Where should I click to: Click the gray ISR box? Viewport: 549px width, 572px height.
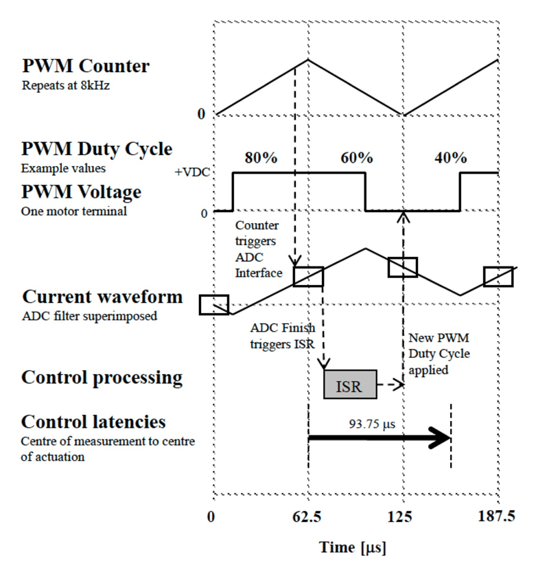pos(350,385)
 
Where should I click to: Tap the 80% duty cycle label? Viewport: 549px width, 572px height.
pos(261,158)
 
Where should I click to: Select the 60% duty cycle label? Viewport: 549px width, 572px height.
pos(357,158)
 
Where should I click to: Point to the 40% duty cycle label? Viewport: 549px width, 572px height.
pos(451,158)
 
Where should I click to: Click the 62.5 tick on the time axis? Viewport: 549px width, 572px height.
pos(307,516)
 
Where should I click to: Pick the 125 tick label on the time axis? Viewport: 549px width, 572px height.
pos(399,516)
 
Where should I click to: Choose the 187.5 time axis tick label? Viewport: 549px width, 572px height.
pos(497,516)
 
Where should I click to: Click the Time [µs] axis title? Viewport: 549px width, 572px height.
pos(353,548)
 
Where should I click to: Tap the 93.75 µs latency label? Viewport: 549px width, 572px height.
pos(372,424)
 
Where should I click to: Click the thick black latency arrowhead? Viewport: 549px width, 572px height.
pos(441,438)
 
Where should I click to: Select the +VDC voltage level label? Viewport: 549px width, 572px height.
pos(192,172)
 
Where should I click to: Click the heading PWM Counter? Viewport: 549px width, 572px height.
pos(86,66)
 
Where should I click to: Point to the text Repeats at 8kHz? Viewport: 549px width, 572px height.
pos(66,85)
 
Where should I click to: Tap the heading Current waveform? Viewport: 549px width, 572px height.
pos(102,297)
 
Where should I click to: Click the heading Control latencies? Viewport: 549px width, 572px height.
pos(93,422)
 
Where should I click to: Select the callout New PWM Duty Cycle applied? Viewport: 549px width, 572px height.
pos(439,354)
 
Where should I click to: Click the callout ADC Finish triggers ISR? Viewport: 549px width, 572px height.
pos(283,336)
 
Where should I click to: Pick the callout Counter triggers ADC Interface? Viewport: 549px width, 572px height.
pos(259,249)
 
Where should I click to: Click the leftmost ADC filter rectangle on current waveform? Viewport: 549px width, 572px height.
pos(214,305)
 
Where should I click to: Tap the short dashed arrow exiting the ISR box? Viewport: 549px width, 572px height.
pos(390,385)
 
